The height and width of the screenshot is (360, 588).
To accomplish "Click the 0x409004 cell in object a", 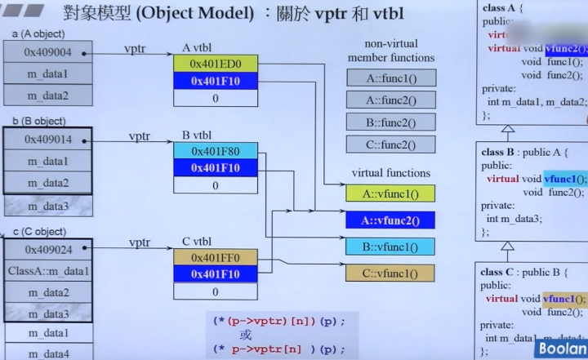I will pos(47,52).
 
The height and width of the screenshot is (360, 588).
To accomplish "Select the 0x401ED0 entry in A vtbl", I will pos(215,63).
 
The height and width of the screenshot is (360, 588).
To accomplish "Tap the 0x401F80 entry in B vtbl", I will pos(215,151).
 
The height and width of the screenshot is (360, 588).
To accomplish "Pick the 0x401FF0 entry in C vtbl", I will pos(215,258).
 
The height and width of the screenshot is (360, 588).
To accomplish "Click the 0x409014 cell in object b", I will pos(47,140).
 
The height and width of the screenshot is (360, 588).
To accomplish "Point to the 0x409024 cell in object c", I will pos(47,250).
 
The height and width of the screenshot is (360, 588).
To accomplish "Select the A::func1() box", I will pos(391,78).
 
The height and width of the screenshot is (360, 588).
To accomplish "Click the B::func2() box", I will pos(391,122).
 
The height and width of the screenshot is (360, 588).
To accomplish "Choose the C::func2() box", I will pos(391,144).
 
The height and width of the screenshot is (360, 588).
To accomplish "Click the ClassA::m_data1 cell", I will pos(47,271).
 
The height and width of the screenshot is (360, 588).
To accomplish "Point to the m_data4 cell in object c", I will pos(47,353).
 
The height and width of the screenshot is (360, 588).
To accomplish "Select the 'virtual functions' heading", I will pos(390,173).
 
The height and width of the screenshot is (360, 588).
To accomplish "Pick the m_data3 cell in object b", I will pos(47,205).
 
